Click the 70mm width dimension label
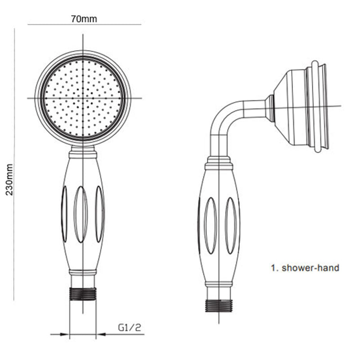pos(84,18)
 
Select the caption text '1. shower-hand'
pos(305,268)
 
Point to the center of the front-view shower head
pos(83,98)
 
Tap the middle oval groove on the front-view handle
pos(81,214)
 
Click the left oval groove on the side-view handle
pos(210,225)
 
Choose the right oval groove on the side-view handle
pos(230,225)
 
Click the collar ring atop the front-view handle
pos(83,155)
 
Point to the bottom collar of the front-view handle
pos(83,272)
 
